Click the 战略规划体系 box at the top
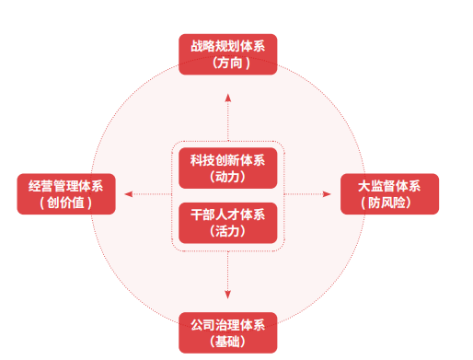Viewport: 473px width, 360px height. pyautogui.click(x=227, y=53)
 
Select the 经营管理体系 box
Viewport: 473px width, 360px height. pyautogui.click(x=66, y=193)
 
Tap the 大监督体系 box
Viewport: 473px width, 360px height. pyautogui.click(x=390, y=193)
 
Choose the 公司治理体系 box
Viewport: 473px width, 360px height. pyautogui.click(x=227, y=333)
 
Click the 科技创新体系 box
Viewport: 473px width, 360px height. pyautogui.click(x=227, y=167)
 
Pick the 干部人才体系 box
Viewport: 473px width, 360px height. pyautogui.click(x=227, y=222)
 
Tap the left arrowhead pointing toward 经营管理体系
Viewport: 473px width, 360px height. pyautogui.click(x=129, y=193)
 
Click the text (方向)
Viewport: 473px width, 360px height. pyautogui.click(x=227, y=63)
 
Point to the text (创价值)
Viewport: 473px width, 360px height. pyautogui.click(x=66, y=203)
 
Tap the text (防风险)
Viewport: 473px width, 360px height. pyautogui.click(x=390, y=203)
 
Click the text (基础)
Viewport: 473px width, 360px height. pyautogui.click(x=227, y=343)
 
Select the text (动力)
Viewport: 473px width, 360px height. pyautogui.click(x=227, y=176)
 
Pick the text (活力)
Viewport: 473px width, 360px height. pyautogui.click(x=227, y=231)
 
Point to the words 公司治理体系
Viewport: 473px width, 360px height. pyautogui.click(x=227, y=325)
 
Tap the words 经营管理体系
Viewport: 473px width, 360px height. pyautogui.click(x=66, y=185)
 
